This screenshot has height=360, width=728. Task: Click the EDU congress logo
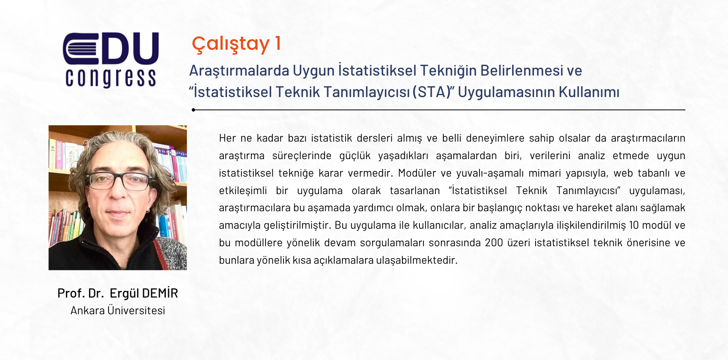[x=111, y=60]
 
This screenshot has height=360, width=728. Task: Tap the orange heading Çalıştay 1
[x=237, y=43]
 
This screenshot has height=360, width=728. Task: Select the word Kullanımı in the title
[x=589, y=92]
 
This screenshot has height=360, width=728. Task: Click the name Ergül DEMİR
[x=144, y=293]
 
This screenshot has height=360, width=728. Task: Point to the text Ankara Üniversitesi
[x=118, y=310]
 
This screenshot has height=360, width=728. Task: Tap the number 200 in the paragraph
[x=494, y=243]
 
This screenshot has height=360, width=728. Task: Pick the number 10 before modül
[x=633, y=225]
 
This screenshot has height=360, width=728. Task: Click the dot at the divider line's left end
[x=193, y=110]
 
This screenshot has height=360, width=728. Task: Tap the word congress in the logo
[x=111, y=78]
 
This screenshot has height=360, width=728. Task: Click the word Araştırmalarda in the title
[x=239, y=71]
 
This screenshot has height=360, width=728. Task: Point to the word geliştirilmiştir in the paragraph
[x=298, y=226]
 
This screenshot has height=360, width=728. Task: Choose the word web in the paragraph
[x=623, y=173]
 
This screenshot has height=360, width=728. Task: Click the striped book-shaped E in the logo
[x=81, y=49]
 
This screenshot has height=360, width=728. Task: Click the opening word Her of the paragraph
[x=227, y=138]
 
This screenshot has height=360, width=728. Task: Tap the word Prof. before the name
[x=71, y=293]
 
